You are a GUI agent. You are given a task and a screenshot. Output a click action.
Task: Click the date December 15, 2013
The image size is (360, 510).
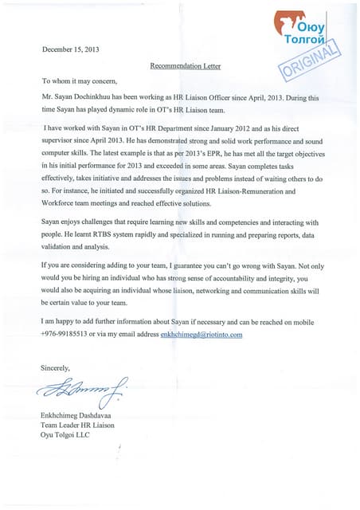(x=72, y=49)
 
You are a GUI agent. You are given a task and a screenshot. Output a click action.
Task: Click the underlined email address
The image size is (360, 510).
(x=201, y=335)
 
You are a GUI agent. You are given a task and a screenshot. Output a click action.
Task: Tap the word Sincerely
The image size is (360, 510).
(x=56, y=367)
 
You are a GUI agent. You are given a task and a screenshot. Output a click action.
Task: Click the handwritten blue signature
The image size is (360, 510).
(x=80, y=388)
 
